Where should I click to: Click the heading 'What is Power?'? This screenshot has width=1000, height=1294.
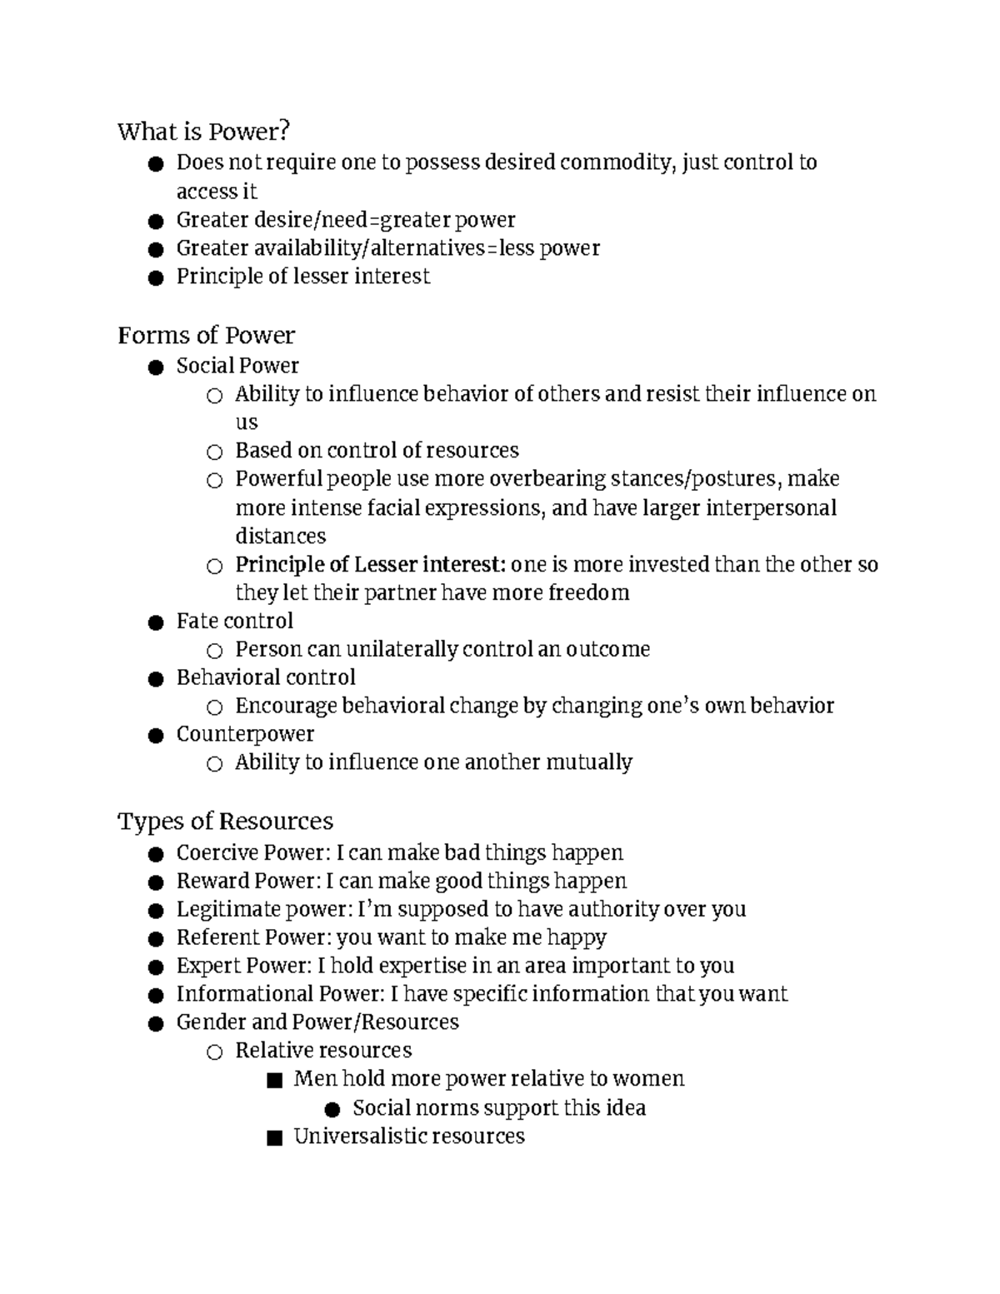tap(204, 132)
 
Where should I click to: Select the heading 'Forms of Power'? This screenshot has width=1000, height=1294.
tap(206, 335)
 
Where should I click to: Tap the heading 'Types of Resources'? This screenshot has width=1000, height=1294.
tap(225, 821)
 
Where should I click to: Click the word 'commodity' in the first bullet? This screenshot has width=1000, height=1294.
tap(616, 162)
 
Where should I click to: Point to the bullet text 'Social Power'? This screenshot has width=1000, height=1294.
tap(237, 366)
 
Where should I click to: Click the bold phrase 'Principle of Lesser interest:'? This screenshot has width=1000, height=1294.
tap(370, 565)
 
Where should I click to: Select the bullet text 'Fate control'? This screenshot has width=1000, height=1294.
tap(234, 621)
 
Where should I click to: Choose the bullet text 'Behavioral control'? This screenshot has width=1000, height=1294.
tap(266, 677)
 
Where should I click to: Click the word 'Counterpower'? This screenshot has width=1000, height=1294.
tap(245, 734)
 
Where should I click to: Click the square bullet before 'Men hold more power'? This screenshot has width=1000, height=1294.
tap(273, 1081)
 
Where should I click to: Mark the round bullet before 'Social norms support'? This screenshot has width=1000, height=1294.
tap(332, 1109)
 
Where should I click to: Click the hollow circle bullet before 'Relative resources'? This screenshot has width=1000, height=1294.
tap(214, 1052)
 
